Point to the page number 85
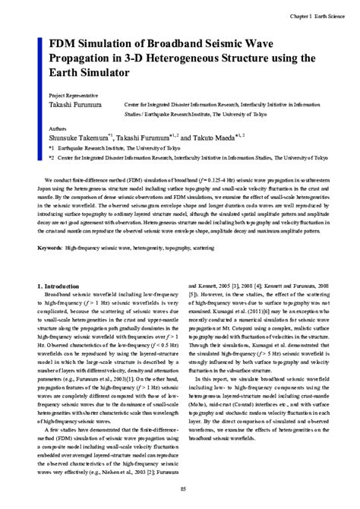(179, 491)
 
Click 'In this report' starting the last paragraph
(215, 399)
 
